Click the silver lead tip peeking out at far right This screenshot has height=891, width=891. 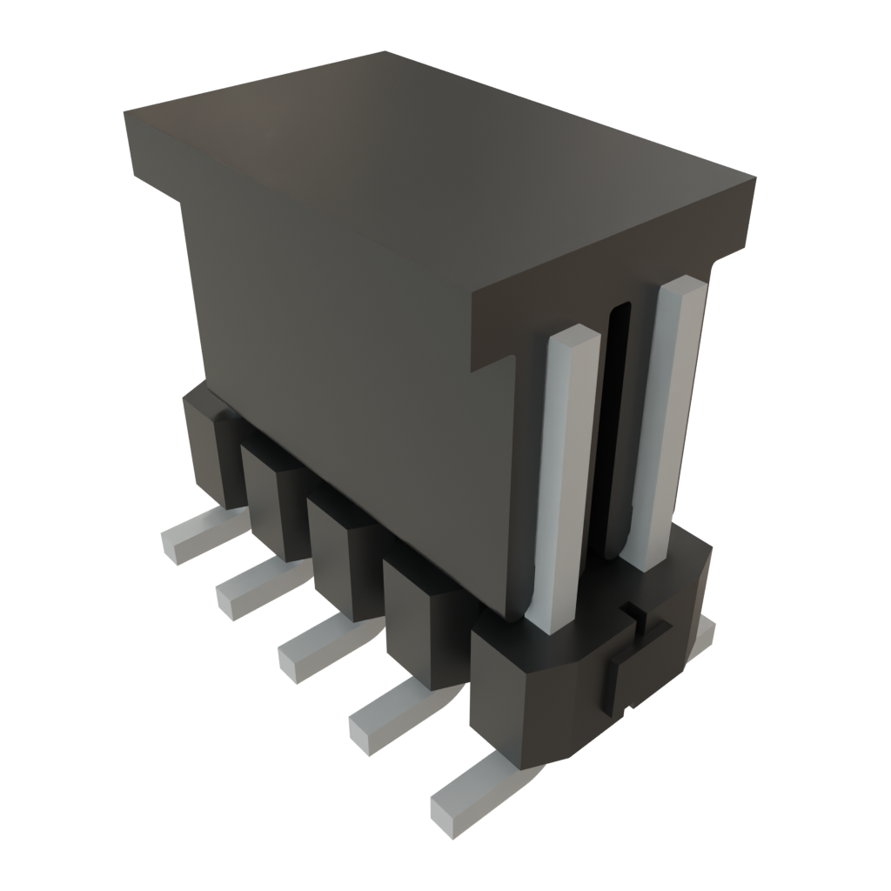coord(707,633)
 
